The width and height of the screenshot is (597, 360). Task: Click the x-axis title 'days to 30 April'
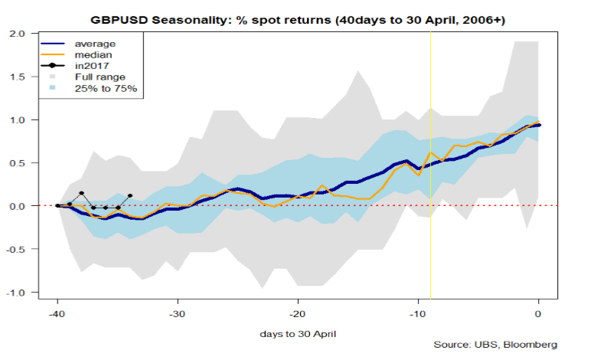(298, 335)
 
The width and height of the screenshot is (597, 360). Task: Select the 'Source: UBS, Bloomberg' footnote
(494, 345)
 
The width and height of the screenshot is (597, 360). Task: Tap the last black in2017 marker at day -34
(130, 196)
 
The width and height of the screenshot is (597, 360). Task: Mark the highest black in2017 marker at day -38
(81, 194)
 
